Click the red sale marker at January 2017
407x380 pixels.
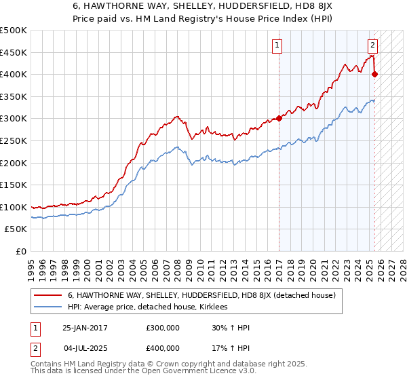[279, 118]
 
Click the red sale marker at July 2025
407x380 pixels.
[375, 74]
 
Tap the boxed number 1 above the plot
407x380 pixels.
[277, 45]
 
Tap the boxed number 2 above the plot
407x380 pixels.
[372, 45]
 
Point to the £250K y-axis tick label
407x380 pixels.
[14, 140]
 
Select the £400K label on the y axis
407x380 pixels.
[14, 74]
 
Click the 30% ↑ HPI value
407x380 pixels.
[231, 328]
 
